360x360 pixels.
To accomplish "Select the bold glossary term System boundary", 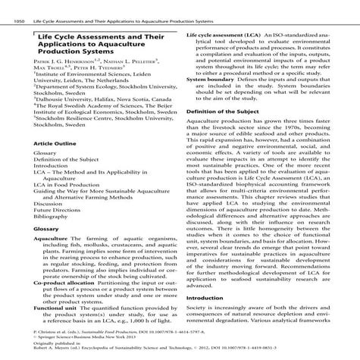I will [211, 79].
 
